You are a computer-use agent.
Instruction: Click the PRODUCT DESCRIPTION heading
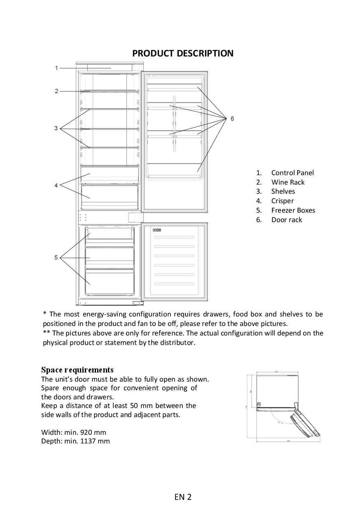coord(182,54)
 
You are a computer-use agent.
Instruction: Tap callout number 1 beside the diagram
coord(56,68)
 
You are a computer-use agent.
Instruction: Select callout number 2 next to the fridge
coord(56,91)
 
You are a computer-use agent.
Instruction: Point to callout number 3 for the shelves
coord(56,129)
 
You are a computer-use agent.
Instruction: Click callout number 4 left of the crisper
coord(56,185)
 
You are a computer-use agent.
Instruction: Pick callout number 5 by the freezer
coord(56,258)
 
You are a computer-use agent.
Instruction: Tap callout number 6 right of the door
coord(232,119)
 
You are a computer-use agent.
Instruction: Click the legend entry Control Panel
coord(292,173)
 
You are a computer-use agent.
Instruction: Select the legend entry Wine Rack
coord(288,182)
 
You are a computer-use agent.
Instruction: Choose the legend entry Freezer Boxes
coord(293,210)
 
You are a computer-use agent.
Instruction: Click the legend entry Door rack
coord(286,220)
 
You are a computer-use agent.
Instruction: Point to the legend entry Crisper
coord(282,201)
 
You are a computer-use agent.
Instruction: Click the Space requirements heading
coord(77,370)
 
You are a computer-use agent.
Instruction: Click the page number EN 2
coord(183,497)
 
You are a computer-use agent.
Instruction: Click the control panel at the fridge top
coord(110,68)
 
